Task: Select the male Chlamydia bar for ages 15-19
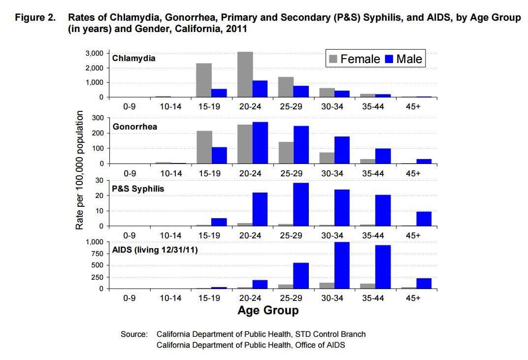coord(219,93)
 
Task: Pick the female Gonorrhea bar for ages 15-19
coord(204,147)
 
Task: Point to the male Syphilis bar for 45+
coord(424,219)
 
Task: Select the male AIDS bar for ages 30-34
coord(341,265)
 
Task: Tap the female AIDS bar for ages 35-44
coord(367,285)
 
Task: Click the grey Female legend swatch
coord(333,59)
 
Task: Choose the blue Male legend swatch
coord(389,59)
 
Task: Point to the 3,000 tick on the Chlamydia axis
coord(94,53)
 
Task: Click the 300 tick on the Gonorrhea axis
coord(98,118)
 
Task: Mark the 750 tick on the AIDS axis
coord(96,254)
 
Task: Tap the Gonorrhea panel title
coord(135,127)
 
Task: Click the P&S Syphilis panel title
coord(138,189)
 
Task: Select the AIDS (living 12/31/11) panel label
coord(155,250)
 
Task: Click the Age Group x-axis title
coord(268,311)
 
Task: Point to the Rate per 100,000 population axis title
coord(79,170)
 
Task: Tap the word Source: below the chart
coord(134,334)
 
